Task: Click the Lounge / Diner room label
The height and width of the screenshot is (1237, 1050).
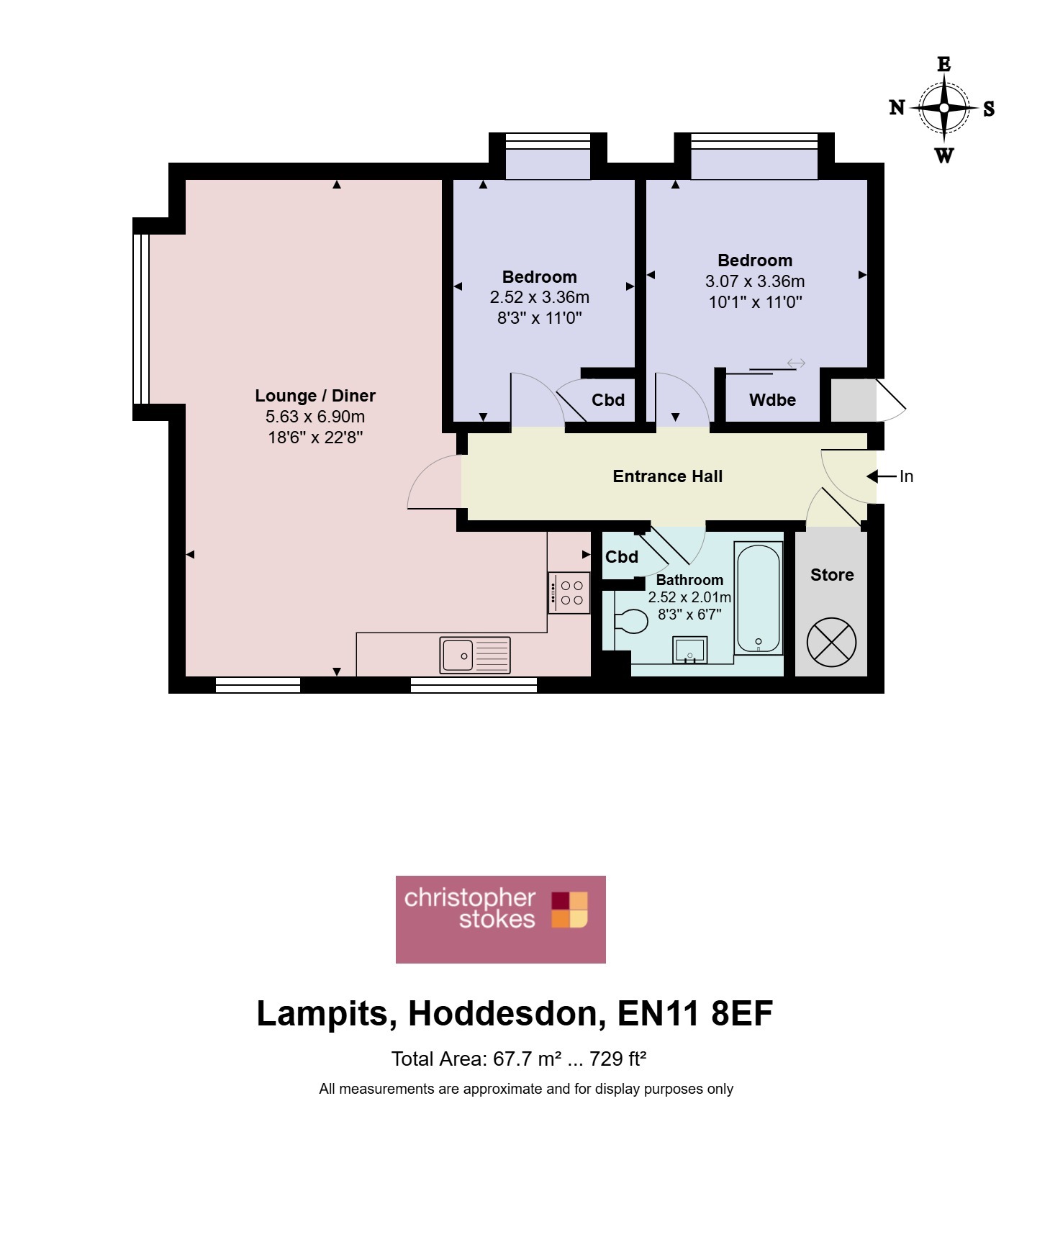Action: [x=315, y=396]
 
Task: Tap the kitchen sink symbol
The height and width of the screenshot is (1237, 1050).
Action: [x=475, y=655]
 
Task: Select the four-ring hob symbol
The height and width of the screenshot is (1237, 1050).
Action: [x=569, y=593]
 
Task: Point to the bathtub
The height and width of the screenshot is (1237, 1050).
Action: [x=759, y=599]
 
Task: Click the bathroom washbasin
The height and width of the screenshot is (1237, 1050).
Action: [x=690, y=650]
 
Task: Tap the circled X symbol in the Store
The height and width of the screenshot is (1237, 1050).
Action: [x=832, y=642]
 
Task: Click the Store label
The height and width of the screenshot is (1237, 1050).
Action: [x=832, y=575]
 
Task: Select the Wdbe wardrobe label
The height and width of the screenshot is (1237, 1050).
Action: [x=772, y=400]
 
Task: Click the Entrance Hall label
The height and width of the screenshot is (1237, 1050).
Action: [x=668, y=476]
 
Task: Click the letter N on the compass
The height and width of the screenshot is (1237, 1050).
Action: [x=897, y=108]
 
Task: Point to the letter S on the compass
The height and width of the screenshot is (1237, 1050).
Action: [x=989, y=109]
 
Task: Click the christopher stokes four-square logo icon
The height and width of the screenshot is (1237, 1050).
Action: [x=570, y=910]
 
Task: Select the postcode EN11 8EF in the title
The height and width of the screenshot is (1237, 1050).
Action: [x=695, y=1013]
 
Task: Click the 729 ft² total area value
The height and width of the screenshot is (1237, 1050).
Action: [x=618, y=1059]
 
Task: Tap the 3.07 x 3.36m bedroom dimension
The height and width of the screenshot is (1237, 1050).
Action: [x=755, y=281]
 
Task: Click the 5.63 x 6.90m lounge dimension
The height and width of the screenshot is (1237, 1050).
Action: [x=315, y=417]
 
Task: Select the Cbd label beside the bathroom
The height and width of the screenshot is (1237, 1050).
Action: [x=622, y=557]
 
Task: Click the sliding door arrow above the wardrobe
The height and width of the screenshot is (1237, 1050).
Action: [x=796, y=363]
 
